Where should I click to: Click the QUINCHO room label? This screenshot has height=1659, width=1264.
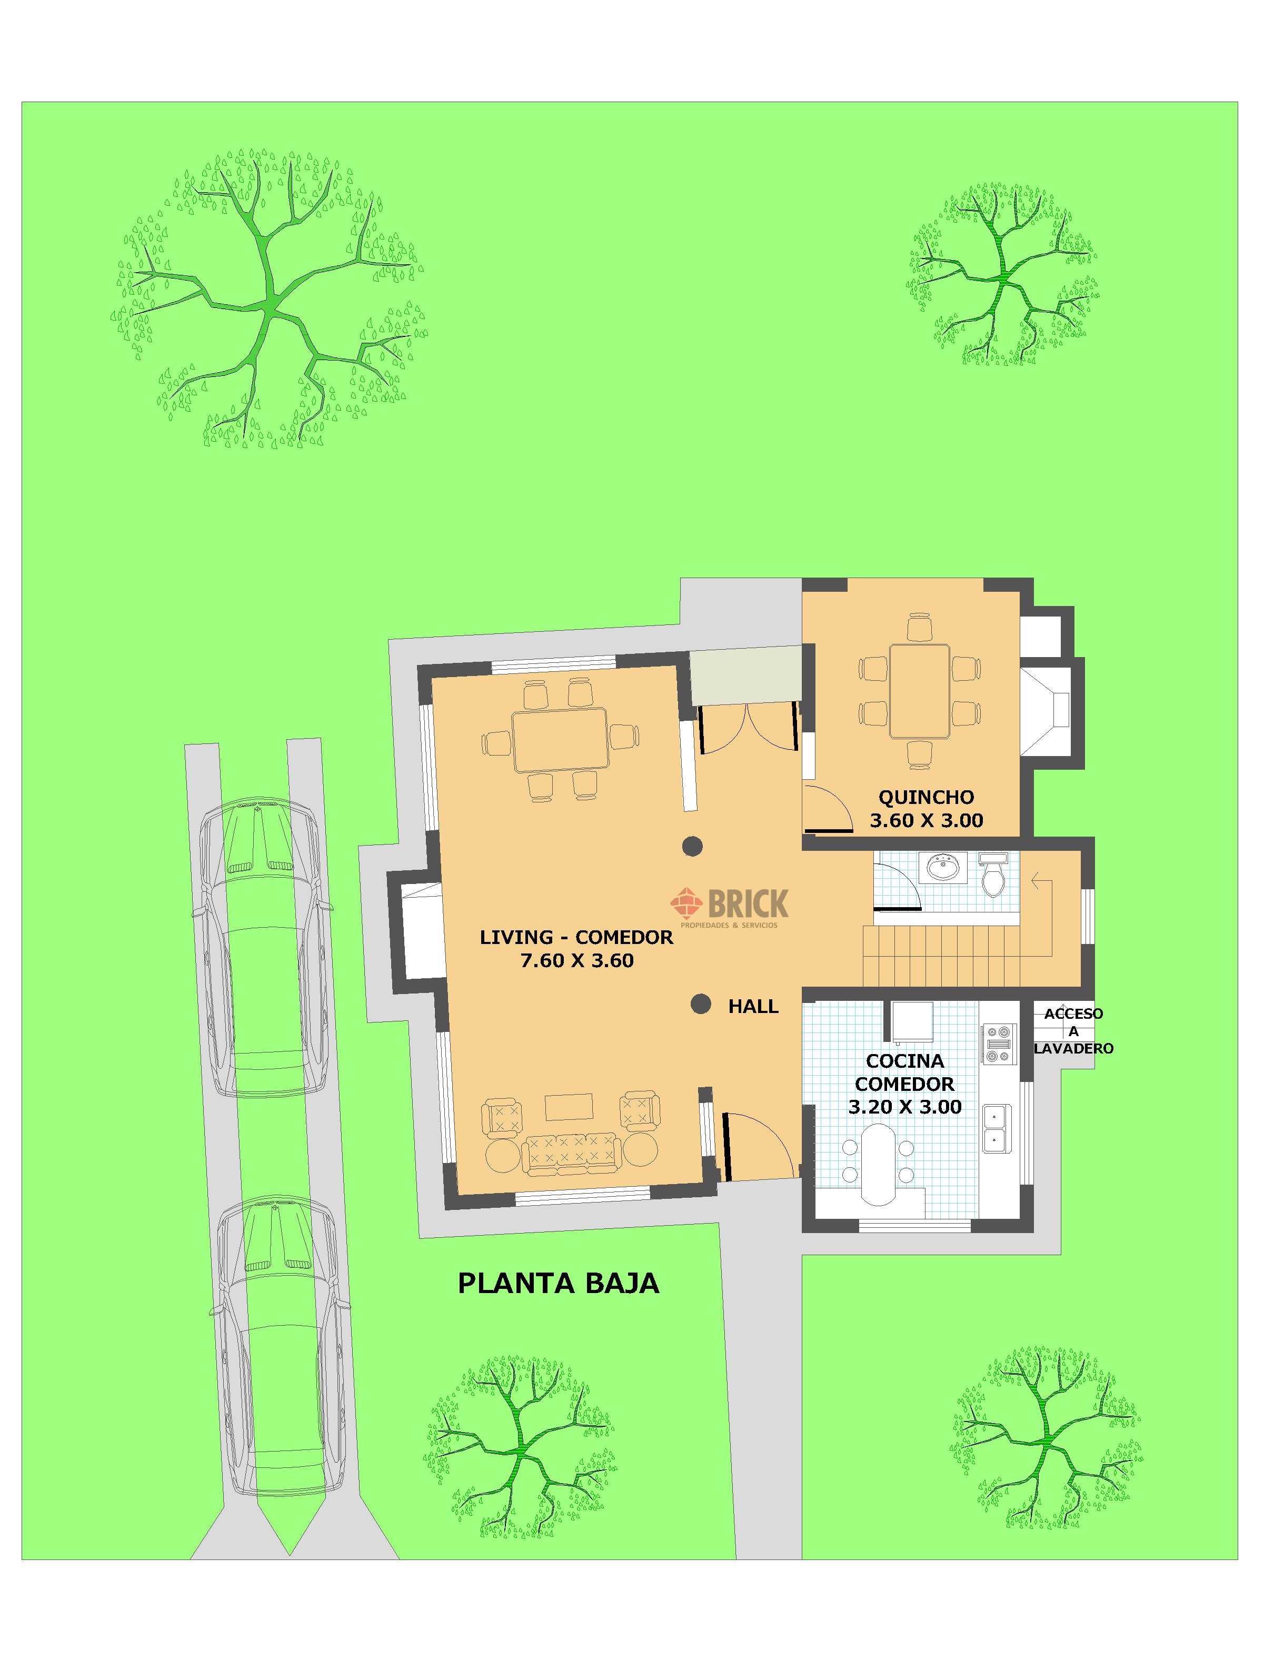926,797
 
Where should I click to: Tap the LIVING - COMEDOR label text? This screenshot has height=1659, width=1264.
576,938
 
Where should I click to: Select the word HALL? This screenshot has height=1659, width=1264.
753,1007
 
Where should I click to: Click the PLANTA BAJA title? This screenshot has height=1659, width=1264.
559,1283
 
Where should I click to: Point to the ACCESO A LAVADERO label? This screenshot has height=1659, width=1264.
1073,1031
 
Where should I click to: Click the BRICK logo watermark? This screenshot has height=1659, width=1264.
730,906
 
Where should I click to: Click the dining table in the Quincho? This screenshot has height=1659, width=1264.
919,691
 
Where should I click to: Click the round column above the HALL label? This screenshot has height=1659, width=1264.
701,1004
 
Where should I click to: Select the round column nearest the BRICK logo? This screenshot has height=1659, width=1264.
692,847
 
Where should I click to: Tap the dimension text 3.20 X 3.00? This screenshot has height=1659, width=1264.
904,1107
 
